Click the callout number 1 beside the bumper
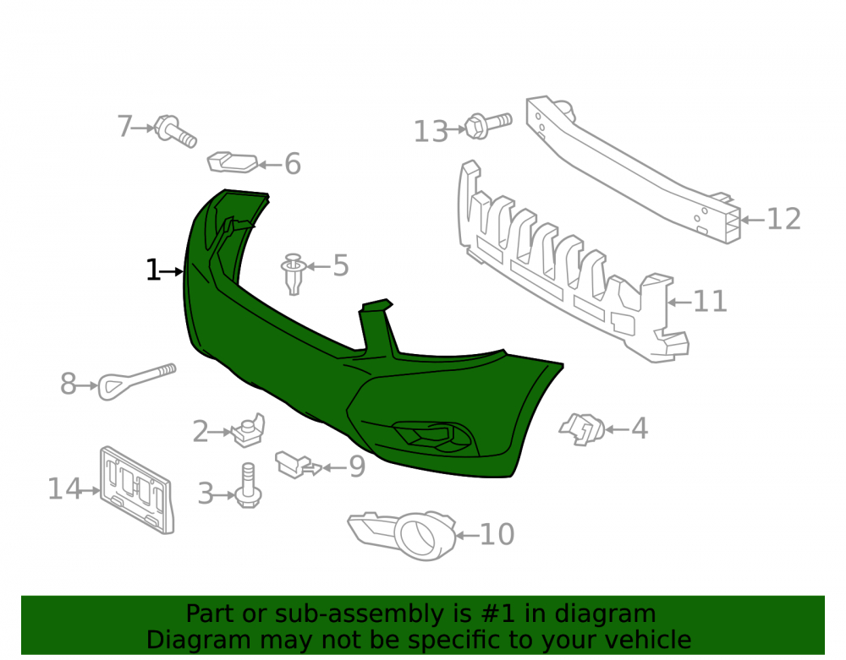(152, 270)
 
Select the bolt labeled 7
(175, 131)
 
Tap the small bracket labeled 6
(233, 163)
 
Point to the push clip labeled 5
(294, 275)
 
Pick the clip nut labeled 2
(249, 430)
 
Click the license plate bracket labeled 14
(136, 490)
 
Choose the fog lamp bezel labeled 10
(403, 534)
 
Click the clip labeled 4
(582, 429)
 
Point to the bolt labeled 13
(488, 126)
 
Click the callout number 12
(783, 219)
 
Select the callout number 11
(710, 302)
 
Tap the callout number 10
(497, 534)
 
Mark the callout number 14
(65, 489)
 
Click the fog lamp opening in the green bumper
(431, 435)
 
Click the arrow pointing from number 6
(269, 164)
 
